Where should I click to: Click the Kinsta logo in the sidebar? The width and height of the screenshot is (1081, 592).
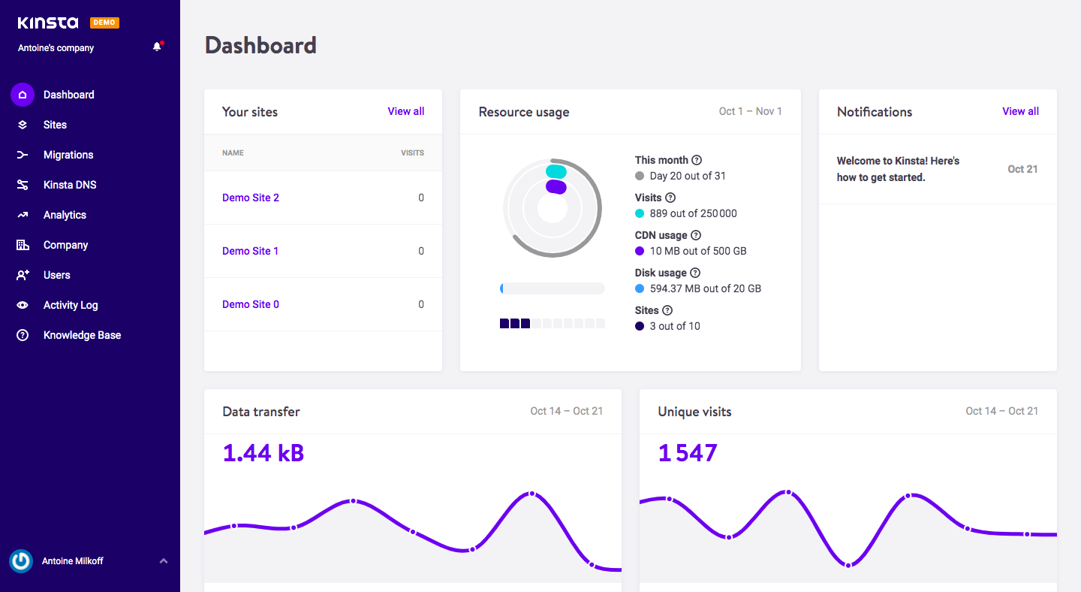[x=47, y=23]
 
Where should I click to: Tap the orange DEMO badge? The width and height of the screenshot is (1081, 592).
[x=104, y=23]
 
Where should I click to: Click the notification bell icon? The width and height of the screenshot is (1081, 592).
[x=157, y=47]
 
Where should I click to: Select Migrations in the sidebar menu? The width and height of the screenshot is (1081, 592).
[x=68, y=155]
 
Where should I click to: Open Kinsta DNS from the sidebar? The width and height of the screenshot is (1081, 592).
[x=69, y=185]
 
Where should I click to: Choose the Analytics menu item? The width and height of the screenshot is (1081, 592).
[x=65, y=215]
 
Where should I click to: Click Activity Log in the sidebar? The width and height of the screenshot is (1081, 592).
[x=71, y=305]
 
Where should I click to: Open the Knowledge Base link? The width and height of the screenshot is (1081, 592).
[x=82, y=335]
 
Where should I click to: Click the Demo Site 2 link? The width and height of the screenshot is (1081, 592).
[x=250, y=198]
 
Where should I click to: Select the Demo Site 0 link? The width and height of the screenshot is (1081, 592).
[x=250, y=304]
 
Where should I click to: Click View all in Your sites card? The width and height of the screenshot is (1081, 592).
[x=405, y=111]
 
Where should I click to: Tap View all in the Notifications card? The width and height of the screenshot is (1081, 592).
[x=1020, y=111]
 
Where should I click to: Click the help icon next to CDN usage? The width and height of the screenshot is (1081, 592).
[x=696, y=235]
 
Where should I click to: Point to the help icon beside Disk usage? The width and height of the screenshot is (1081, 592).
[x=695, y=273]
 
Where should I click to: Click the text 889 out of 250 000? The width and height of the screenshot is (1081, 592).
[x=693, y=213]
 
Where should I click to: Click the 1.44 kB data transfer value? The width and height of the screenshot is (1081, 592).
[x=263, y=453]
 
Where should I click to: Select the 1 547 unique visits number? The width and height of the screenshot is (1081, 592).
[x=688, y=453]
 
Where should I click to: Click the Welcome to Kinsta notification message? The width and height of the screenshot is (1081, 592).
[x=898, y=169]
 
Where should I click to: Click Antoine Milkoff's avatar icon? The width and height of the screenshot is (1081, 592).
[x=21, y=561]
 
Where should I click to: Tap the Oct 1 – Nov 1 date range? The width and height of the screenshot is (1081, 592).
[x=750, y=111]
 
